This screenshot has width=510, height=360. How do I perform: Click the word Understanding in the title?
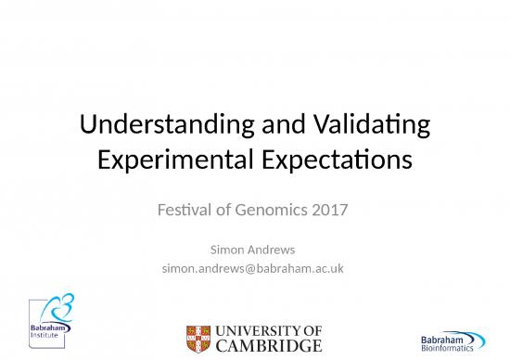click(151, 126)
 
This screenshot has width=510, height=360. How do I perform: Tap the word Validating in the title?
click(372, 126)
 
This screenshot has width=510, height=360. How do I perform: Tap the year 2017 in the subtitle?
click(330, 210)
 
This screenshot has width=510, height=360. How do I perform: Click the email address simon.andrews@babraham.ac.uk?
click(254, 269)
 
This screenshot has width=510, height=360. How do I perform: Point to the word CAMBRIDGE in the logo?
click(268, 346)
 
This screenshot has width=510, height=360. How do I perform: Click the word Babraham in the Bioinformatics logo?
click(441, 337)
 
